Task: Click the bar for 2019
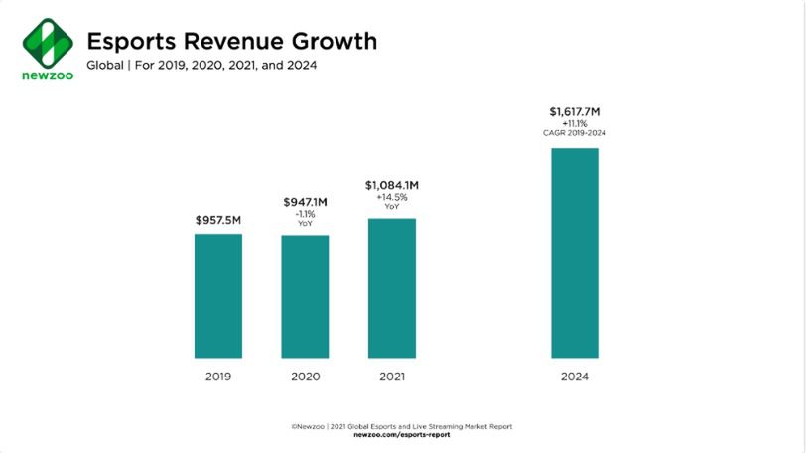pyautogui.click(x=217, y=296)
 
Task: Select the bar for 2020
pyautogui.click(x=305, y=296)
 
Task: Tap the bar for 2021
pyautogui.click(x=392, y=288)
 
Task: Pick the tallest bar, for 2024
pyautogui.click(x=575, y=253)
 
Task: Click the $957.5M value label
pyautogui.click(x=217, y=219)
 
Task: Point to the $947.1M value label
pyautogui.click(x=305, y=202)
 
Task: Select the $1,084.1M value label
pyautogui.click(x=392, y=184)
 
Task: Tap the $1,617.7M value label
pyautogui.click(x=575, y=111)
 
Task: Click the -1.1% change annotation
pyautogui.click(x=305, y=214)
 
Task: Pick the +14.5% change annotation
pyautogui.click(x=392, y=196)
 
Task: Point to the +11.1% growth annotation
pyautogui.click(x=575, y=123)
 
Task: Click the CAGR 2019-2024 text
pyautogui.click(x=575, y=133)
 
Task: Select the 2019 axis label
pyautogui.click(x=217, y=377)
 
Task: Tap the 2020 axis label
pyautogui.click(x=305, y=377)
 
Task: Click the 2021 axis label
pyautogui.click(x=392, y=377)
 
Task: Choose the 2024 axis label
pyautogui.click(x=575, y=377)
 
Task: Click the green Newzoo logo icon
pyautogui.click(x=48, y=42)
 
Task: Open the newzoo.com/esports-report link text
pyautogui.click(x=401, y=435)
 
